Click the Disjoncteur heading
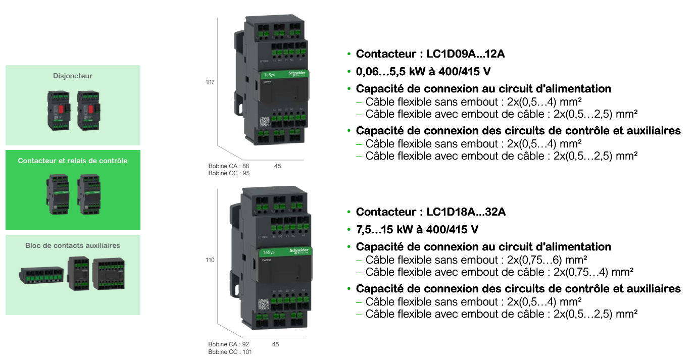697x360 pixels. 73,76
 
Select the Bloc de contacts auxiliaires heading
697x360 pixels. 73,246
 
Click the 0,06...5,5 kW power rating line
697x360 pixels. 423,71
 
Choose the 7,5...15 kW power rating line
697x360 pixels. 417,229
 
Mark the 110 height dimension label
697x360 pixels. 211,260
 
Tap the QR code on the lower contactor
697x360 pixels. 264,304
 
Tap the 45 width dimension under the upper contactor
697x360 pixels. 278,166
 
